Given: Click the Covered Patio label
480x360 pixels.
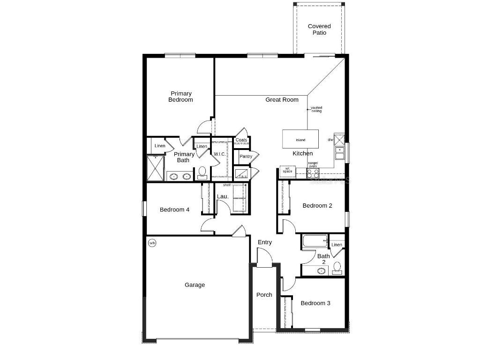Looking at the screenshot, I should pos(319,30).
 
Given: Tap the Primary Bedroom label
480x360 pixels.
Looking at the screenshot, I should pos(181,97).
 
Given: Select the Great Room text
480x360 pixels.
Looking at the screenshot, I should pos(282,99).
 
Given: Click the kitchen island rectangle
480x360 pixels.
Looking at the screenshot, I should pos(300,139).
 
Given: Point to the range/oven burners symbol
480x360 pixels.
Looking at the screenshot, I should pos(313,172).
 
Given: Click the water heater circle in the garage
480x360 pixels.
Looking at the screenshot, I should pos(152,243).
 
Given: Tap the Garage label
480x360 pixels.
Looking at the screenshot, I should pos(195,285).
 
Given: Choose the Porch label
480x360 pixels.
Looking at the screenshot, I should pos(264,295).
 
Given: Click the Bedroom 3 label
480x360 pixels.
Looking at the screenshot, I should pos(315,303).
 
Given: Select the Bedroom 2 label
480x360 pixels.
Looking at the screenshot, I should pos(317,205).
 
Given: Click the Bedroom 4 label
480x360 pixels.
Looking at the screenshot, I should pos(174,210).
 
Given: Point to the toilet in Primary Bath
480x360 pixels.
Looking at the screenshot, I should pos(202,173).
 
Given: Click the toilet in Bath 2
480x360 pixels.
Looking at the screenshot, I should pos(337,268).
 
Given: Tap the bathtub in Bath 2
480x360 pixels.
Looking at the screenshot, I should pos(315,241).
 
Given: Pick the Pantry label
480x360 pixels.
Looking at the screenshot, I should pos(246,156).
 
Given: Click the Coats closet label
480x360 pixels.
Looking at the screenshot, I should pos(241,140).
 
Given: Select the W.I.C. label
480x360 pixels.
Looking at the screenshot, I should pos(220,154).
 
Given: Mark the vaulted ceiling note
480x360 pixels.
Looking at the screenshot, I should pos(316,109).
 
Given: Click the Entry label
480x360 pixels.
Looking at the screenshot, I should pos(265,242).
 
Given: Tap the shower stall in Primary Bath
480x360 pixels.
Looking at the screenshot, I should pos(155,168).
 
